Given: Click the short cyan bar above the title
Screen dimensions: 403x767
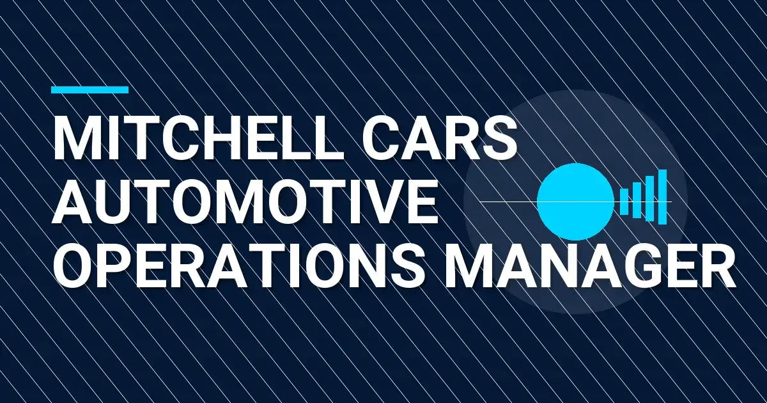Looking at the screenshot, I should pos(89,90).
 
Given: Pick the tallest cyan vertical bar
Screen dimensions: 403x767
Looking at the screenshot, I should pos(662,197).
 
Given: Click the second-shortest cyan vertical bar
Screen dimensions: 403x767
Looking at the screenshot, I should pos(637,198).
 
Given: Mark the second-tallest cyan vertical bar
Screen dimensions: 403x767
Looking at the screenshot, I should pos(649,198).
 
